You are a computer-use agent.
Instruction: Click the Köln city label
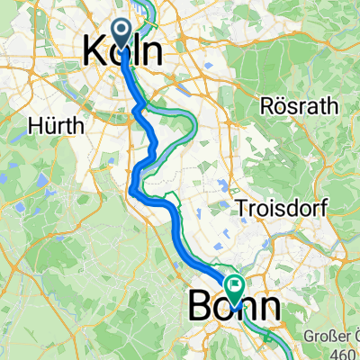point(123,50)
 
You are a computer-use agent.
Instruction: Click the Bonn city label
point(234,309)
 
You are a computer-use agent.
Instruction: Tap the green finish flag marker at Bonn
point(235,290)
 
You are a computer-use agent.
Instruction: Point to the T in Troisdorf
point(239,208)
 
